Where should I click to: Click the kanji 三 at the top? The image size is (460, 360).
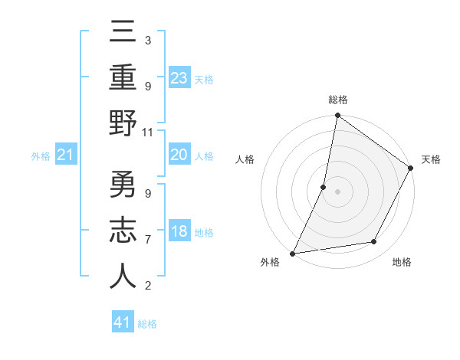pos(123,34)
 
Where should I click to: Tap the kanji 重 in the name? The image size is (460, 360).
pos(123,79)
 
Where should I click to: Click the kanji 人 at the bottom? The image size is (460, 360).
pos(123,277)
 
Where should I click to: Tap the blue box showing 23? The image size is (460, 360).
pos(179,78)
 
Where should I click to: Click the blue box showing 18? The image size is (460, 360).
pos(179,231)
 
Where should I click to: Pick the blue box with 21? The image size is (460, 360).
pos(66,155)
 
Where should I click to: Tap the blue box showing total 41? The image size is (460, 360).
pos(123,322)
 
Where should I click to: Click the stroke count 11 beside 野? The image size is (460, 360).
pos(148,133)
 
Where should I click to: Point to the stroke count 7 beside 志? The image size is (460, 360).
pos(148,240)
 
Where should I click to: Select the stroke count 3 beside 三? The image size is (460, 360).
pos(148,41)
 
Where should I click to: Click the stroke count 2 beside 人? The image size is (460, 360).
pos(148,286)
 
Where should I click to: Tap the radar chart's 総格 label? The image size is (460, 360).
pos(337,100)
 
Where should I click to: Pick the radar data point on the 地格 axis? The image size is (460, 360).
pos(374,242)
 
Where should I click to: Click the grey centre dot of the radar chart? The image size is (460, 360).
pos(337,191)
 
